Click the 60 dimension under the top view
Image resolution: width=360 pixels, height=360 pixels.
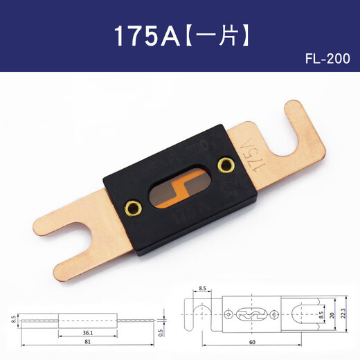tap(251, 342)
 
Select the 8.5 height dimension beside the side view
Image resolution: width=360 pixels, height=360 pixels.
tap(13, 319)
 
